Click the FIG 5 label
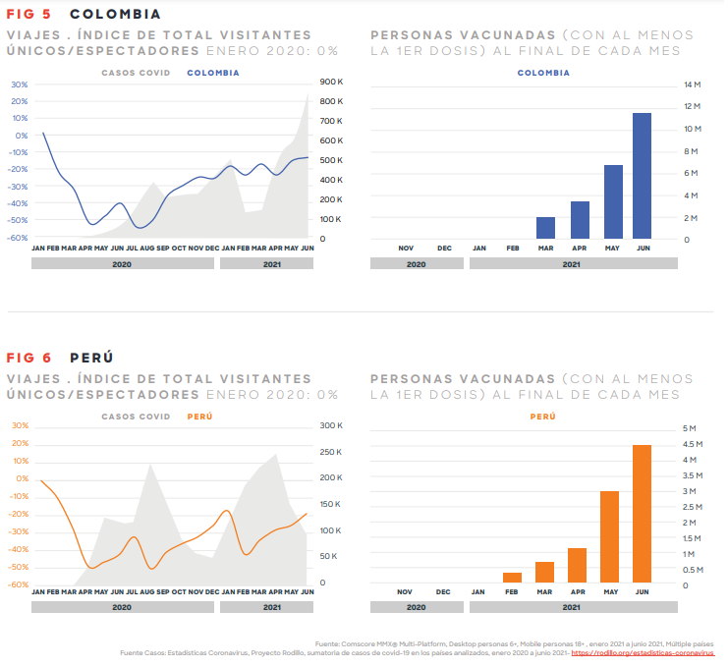click(30, 15)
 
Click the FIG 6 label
click(30, 358)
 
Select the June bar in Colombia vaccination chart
click(643, 176)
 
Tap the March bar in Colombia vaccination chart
click(545, 228)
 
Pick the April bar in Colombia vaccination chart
click(580, 220)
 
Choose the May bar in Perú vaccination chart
click(609, 537)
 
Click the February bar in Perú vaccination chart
click(512, 579)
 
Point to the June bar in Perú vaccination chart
click(643, 515)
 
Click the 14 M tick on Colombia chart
click(692, 85)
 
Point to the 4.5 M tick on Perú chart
click(692, 445)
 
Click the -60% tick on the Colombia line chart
click(18, 238)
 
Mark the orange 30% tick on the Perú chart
click(20, 425)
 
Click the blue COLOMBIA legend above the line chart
click(213, 73)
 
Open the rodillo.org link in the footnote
click(643, 652)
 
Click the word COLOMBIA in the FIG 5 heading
click(116, 15)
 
